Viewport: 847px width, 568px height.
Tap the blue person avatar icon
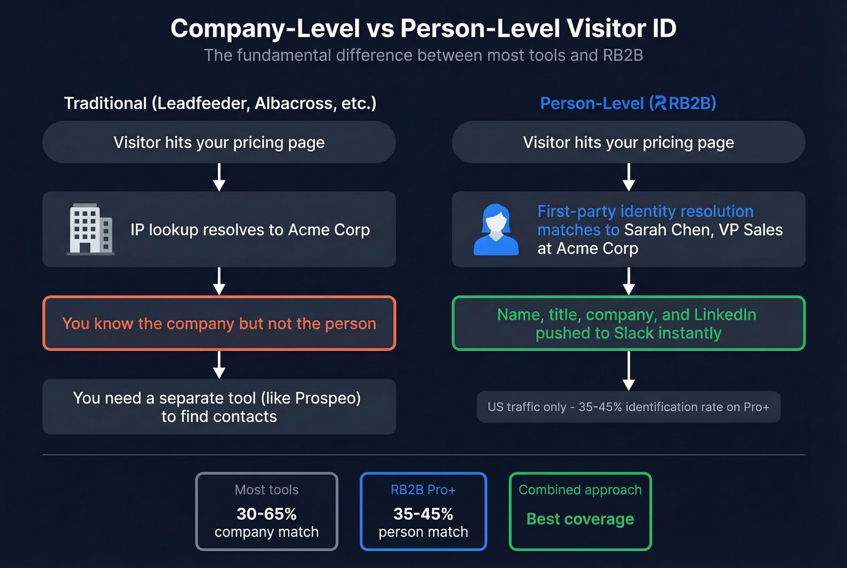(x=495, y=230)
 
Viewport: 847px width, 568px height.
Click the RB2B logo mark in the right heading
(x=660, y=103)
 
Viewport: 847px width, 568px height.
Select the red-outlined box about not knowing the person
(x=219, y=324)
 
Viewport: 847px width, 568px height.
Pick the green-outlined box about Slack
(x=628, y=324)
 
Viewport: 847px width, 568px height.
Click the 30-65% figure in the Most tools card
(x=266, y=514)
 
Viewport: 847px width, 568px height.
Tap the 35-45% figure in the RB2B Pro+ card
(x=423, y=514)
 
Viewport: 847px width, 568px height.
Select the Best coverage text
(x=580, y=519)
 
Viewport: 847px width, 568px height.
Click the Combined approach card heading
(x=580, y=490)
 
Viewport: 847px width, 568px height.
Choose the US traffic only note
(x=628, y=407)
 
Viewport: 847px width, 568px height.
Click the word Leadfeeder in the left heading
(x=201, y=103)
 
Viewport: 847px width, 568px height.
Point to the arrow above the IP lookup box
(x=219, y=178)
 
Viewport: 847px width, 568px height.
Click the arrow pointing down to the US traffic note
(x=629, y=371)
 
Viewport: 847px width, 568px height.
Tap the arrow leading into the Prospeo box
(x=219, y=365)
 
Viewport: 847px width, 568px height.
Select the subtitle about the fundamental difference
(x=423, y=56)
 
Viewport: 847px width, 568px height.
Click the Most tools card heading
(x=266, y=490)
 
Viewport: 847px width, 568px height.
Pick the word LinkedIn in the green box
(x=725, y=315)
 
